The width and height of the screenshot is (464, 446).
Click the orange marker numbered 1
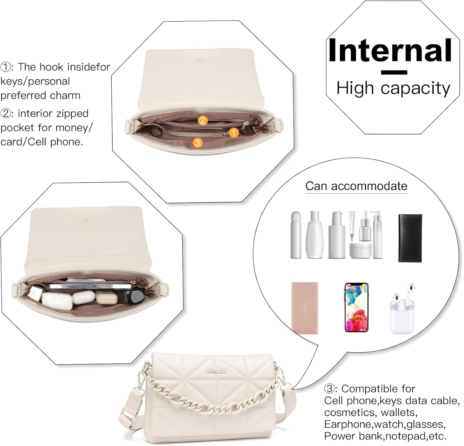tap(234, 133)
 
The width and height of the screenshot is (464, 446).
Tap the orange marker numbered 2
tap(202, 120)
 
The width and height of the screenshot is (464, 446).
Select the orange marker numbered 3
tap(197, 142)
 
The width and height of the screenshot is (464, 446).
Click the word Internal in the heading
tap(390, 50)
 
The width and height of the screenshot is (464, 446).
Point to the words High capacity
tap(393, 88)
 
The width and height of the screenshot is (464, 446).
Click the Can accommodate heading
tap(356, 186)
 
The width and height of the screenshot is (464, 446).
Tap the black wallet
tap(410, 238)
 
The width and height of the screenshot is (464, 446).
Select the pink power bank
tap(305, 308)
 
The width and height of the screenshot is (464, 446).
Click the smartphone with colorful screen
tap(356, 308)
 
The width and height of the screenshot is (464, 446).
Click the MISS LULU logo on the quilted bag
tap(217, 372)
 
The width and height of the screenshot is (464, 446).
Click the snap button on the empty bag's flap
tap(200, 61)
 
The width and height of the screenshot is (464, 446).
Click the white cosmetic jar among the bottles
tap(360, 250)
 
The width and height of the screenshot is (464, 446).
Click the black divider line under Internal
tap(394, 73)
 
